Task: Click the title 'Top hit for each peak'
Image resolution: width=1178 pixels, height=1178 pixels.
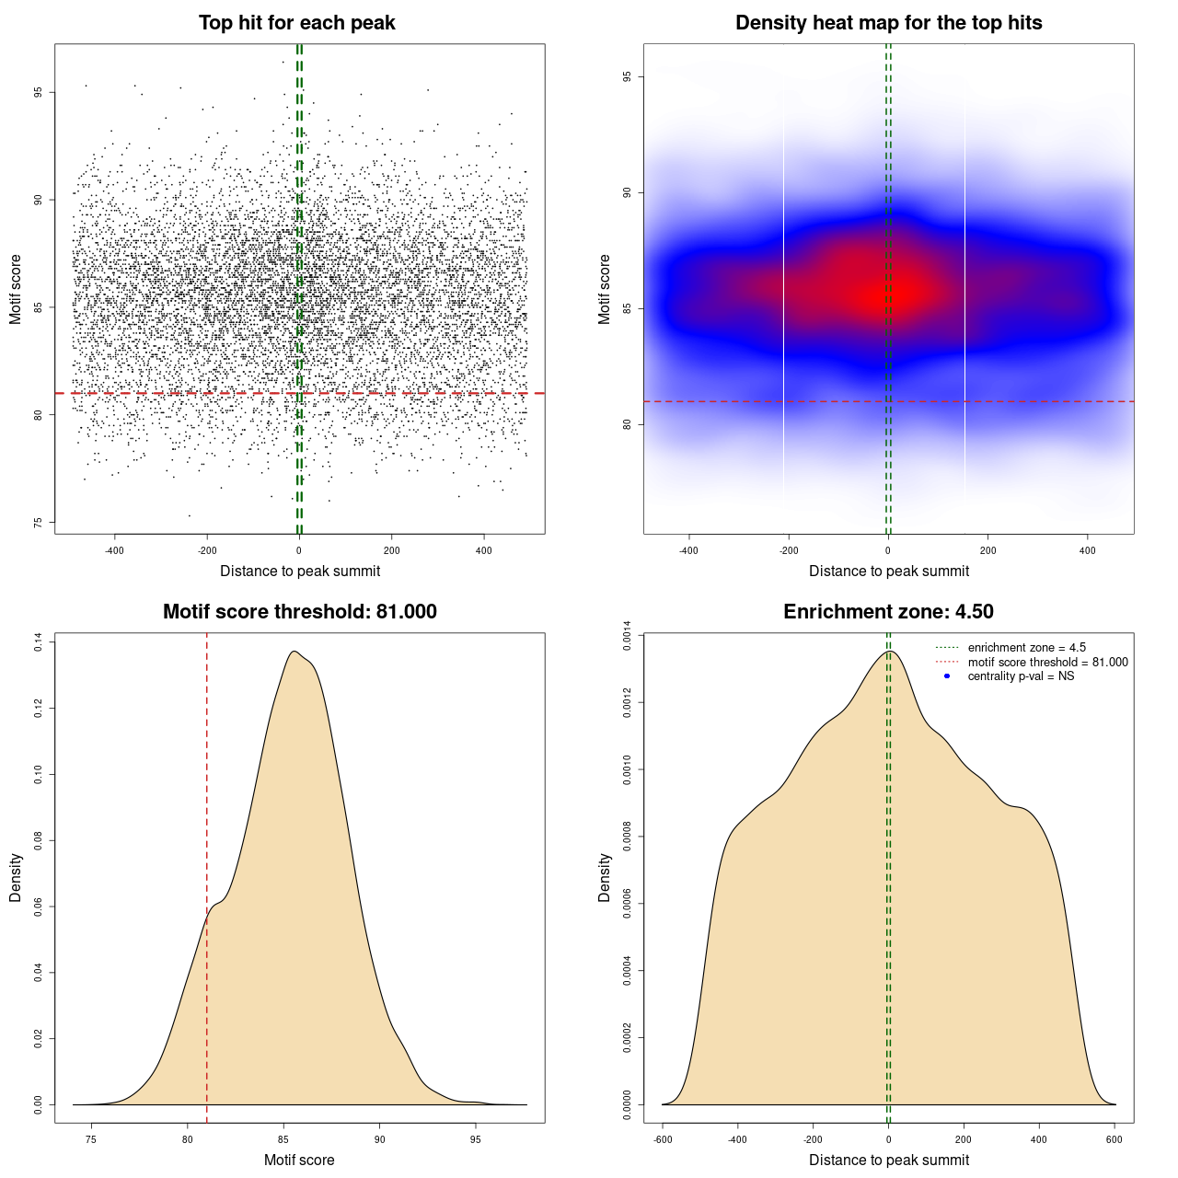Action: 297,23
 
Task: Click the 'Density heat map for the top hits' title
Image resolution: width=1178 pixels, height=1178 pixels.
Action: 888,23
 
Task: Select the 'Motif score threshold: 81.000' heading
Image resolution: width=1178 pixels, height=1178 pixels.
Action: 299,612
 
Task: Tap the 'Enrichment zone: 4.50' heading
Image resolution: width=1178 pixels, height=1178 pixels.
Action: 888,612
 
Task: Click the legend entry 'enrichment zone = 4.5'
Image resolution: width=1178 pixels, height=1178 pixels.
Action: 1026,648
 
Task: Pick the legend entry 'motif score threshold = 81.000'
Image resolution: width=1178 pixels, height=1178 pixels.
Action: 1047,663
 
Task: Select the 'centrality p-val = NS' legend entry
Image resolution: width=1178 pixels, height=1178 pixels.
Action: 1021,676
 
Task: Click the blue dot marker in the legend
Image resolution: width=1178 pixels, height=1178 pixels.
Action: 947,676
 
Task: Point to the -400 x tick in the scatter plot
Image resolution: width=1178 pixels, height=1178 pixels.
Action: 114,551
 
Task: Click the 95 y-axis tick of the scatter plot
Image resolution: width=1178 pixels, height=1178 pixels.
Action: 39,92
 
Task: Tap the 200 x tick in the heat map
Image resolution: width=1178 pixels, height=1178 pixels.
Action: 987,551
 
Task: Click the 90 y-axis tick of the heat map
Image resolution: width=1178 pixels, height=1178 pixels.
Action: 628,192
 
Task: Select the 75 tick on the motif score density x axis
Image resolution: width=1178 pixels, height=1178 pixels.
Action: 90,1140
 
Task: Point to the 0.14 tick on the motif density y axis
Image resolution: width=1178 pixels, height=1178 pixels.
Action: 39,642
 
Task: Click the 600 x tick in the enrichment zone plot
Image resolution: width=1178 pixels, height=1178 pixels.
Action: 1114,1140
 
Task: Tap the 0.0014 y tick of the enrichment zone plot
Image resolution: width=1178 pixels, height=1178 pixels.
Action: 628,636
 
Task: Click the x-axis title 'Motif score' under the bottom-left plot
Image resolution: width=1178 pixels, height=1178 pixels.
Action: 299,1160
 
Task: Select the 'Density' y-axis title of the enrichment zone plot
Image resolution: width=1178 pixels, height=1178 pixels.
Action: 605,877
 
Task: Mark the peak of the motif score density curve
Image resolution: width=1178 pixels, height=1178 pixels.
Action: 294,652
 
